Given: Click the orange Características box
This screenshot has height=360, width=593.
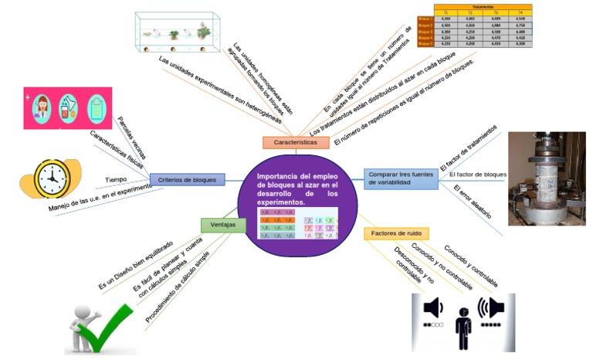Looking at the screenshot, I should pyautogui.click(x=296, y=142).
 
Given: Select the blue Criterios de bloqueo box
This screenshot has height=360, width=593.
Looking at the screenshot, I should pyautogui.click(x=187, y=179).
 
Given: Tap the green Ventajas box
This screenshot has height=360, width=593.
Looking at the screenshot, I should pyautogui.click(x=223, y=225).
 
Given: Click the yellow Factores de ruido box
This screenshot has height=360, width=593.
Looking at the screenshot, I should pyautogui.click(x=396, y=233).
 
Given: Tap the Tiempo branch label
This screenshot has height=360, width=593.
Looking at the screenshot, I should pyautogui.click(x=116, y=180).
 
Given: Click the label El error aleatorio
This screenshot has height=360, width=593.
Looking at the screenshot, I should pyautogui.click(x=473, y=202).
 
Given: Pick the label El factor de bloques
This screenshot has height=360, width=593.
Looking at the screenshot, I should pyautogui.click(x=477, y=175).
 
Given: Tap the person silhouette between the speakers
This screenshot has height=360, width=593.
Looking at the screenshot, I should pyautogui.click(x=463, y=327).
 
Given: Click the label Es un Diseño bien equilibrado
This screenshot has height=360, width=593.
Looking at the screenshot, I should pyautogui.click(x=135, y=265).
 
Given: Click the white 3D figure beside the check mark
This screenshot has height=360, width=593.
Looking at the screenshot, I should pyautogui.click(x=83, y=325).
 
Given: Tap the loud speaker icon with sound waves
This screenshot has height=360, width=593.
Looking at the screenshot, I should pyautogui.click(x=491, y=309).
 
